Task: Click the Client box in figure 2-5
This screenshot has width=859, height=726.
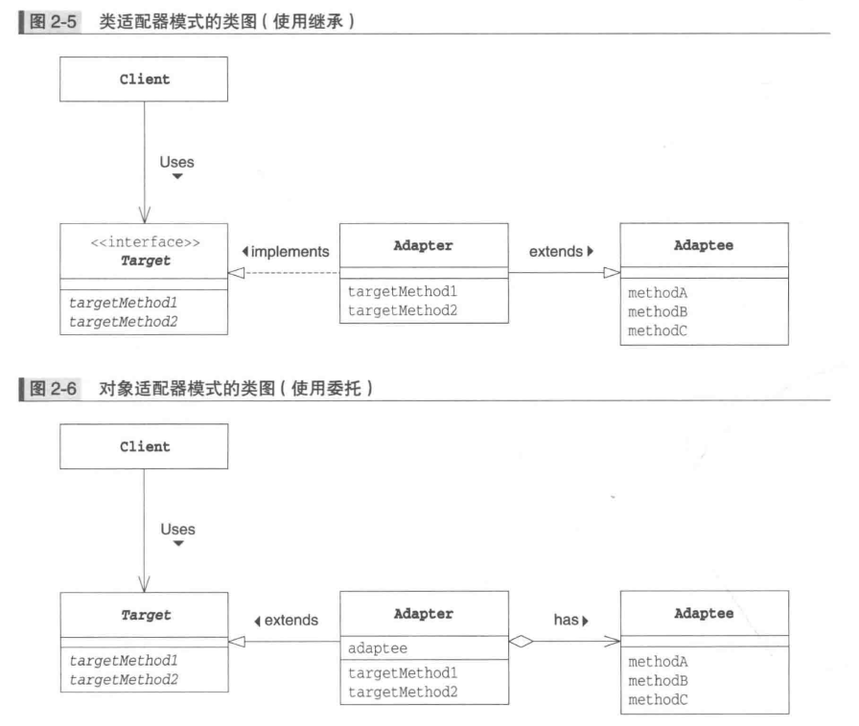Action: pyautogui.click(x=144, y=79)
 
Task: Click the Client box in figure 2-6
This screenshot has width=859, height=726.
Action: pyautogui.click(x=144, y=446)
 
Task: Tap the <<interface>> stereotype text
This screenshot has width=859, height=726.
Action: pyautogui.click(x=145, y=242)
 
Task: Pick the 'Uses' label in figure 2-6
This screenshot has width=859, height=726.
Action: pyautogui.click(x=176, y=530)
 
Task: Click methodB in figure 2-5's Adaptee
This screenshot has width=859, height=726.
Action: pyautogui.click(x=658, y=312)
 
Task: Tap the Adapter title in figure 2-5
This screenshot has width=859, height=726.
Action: pyautogui.click(x=423, y=246)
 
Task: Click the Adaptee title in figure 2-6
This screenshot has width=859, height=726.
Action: pyautogui.click(x=704, y=613)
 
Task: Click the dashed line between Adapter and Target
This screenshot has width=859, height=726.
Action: pyautogui.click(x=288, y=274)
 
